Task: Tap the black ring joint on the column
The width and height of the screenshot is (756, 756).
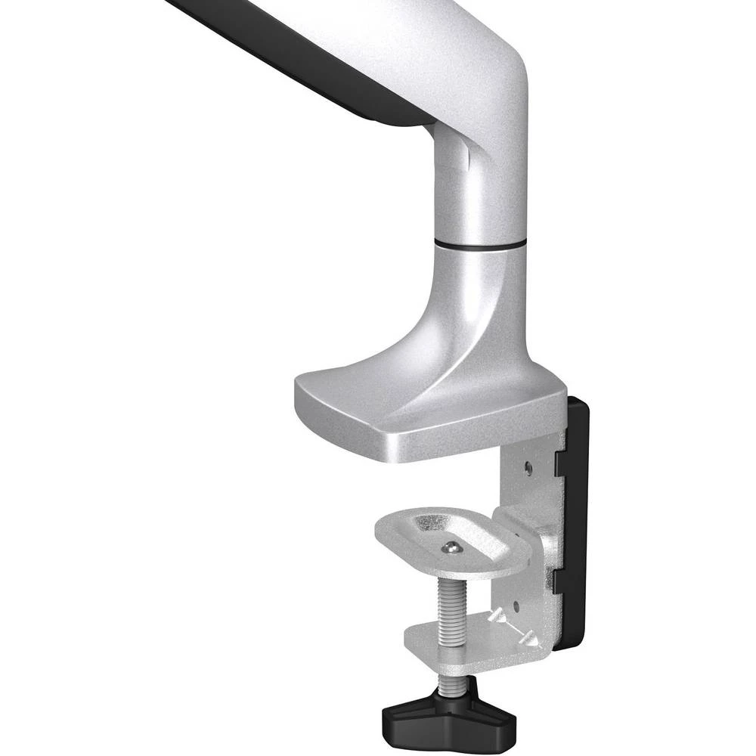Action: tap(481, 244)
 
